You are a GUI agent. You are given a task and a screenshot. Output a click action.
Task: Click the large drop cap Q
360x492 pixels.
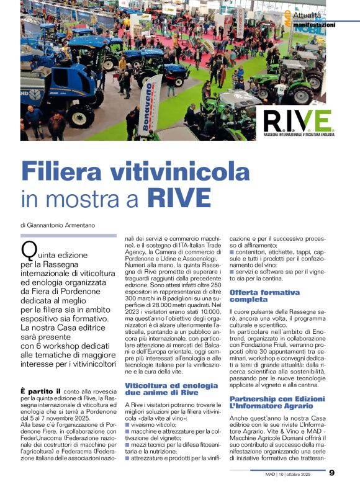[x=29, y=251]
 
